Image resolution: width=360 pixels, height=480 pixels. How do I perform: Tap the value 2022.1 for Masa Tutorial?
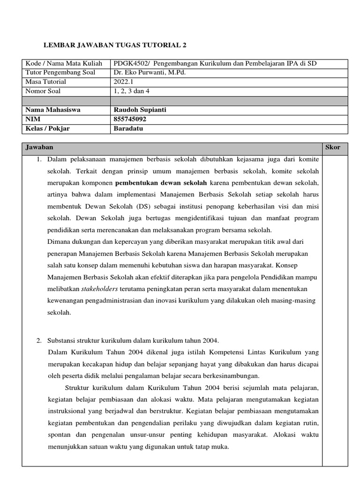coord(123,82)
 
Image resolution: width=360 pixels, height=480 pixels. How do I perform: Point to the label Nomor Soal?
coord(43,91)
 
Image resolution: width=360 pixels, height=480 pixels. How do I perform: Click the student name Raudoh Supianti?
coord(140,110)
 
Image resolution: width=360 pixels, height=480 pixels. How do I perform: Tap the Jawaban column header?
coord(39,148)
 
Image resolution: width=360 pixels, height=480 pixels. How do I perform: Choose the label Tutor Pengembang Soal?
coord(60,73)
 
